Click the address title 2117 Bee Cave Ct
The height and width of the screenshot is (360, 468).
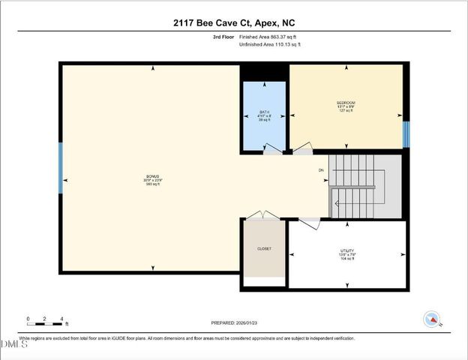(233, 22)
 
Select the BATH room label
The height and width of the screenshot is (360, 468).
(264, 115)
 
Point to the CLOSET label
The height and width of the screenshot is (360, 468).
(264, 248)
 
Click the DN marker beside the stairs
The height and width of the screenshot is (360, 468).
(321, 171)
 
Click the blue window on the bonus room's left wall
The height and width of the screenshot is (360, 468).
(61, 168)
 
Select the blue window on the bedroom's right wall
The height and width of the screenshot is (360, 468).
(406, 133)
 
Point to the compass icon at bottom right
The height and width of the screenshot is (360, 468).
(433, 319)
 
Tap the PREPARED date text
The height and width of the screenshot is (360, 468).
(233, 323)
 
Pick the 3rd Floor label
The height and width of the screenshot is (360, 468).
(222, 37)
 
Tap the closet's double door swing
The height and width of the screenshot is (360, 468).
(264, 217)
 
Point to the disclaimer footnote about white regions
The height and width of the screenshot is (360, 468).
(187, 338)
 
